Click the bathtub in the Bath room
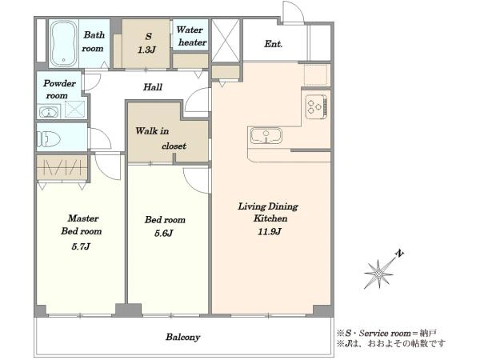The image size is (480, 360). tap(63, 43)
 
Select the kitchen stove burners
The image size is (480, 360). tap(316, 106)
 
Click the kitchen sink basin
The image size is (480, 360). tap(266, 136)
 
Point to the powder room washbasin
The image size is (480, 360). tap(48, 112)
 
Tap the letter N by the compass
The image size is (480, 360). tap(399, 254)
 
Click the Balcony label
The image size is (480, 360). tap(182, 337)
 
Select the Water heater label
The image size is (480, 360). tap(191, 36)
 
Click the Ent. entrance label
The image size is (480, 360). tap(273, 44)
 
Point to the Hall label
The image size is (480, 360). tap(153, 87)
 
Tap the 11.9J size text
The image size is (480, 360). tap(269, 232)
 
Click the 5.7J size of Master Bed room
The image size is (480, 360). tap(81, 246)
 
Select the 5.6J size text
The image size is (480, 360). tap(164, 234)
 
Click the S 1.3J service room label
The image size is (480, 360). tap(147, 43)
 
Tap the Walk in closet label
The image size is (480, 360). tap(161, 138)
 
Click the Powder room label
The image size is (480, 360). tap(58, 90)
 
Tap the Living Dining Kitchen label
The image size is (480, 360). tap(268, 213)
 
